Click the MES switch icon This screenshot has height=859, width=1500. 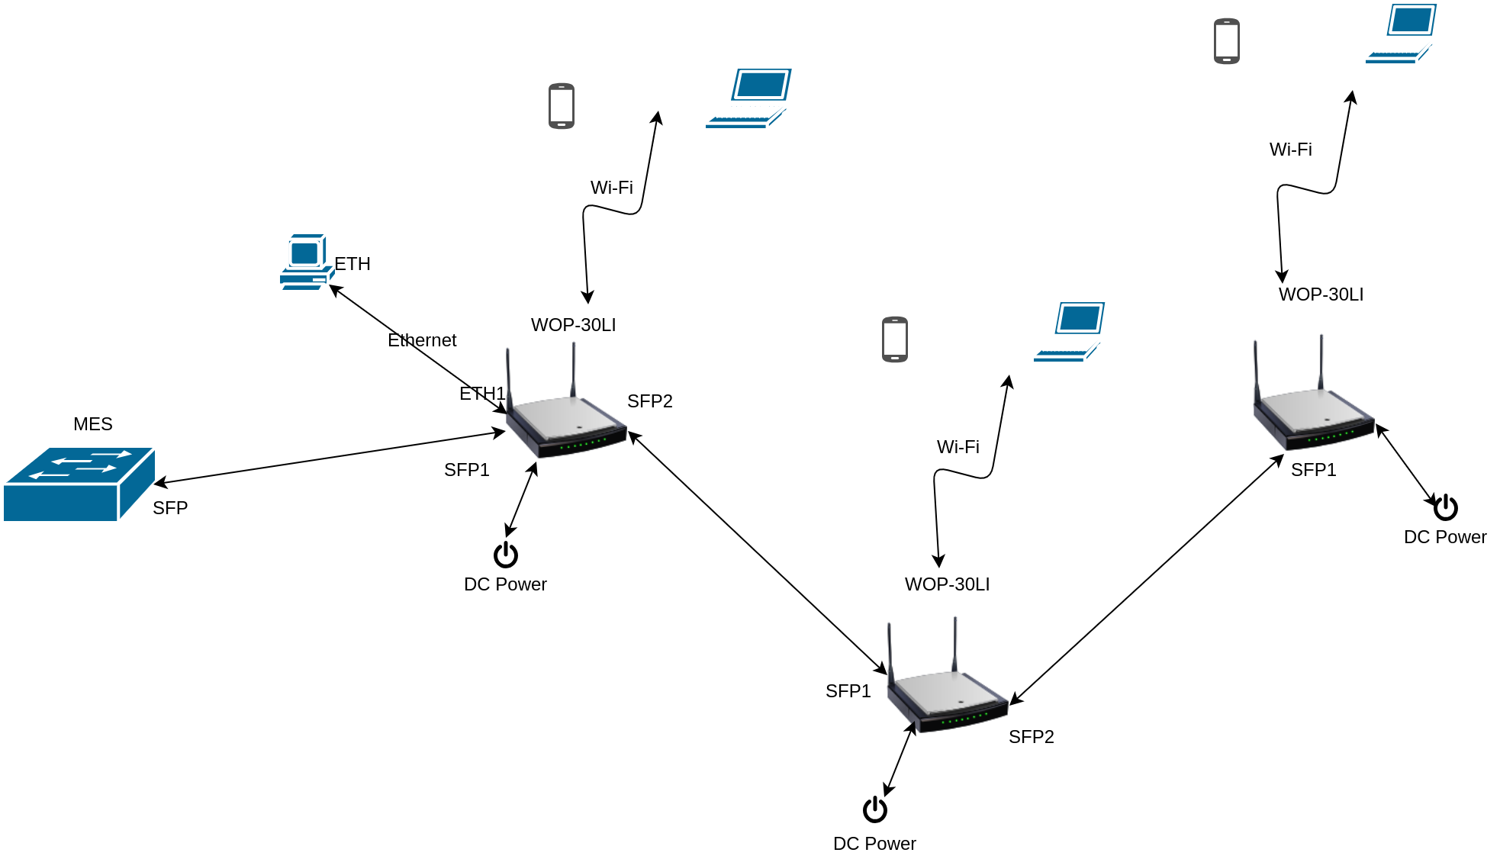pos(79,484)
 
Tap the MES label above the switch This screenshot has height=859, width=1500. pos(93,424)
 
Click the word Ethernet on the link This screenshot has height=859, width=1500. pos(422,340)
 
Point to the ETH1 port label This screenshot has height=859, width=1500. pos(482,394)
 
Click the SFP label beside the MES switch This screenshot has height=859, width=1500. pos(170,508)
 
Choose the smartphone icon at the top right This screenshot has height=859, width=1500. pos(1227,41)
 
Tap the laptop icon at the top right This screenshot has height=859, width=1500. pos(1401,34)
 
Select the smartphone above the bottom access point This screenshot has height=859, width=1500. pos(895,339)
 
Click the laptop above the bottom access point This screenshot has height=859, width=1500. pos(1069,332)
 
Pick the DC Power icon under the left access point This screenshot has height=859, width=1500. pos(506,555)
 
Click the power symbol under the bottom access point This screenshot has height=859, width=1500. pos(875,809)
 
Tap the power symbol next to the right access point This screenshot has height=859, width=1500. pos(1446,507)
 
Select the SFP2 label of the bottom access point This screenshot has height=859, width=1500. pos(1032,737)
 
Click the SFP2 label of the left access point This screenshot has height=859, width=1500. pos(650,401)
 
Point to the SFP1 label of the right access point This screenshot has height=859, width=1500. pos(1314,470)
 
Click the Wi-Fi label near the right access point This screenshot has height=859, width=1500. pos(1291,150)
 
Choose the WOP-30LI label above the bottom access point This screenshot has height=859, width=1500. pos(948,584)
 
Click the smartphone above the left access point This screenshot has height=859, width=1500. pos(562,106)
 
